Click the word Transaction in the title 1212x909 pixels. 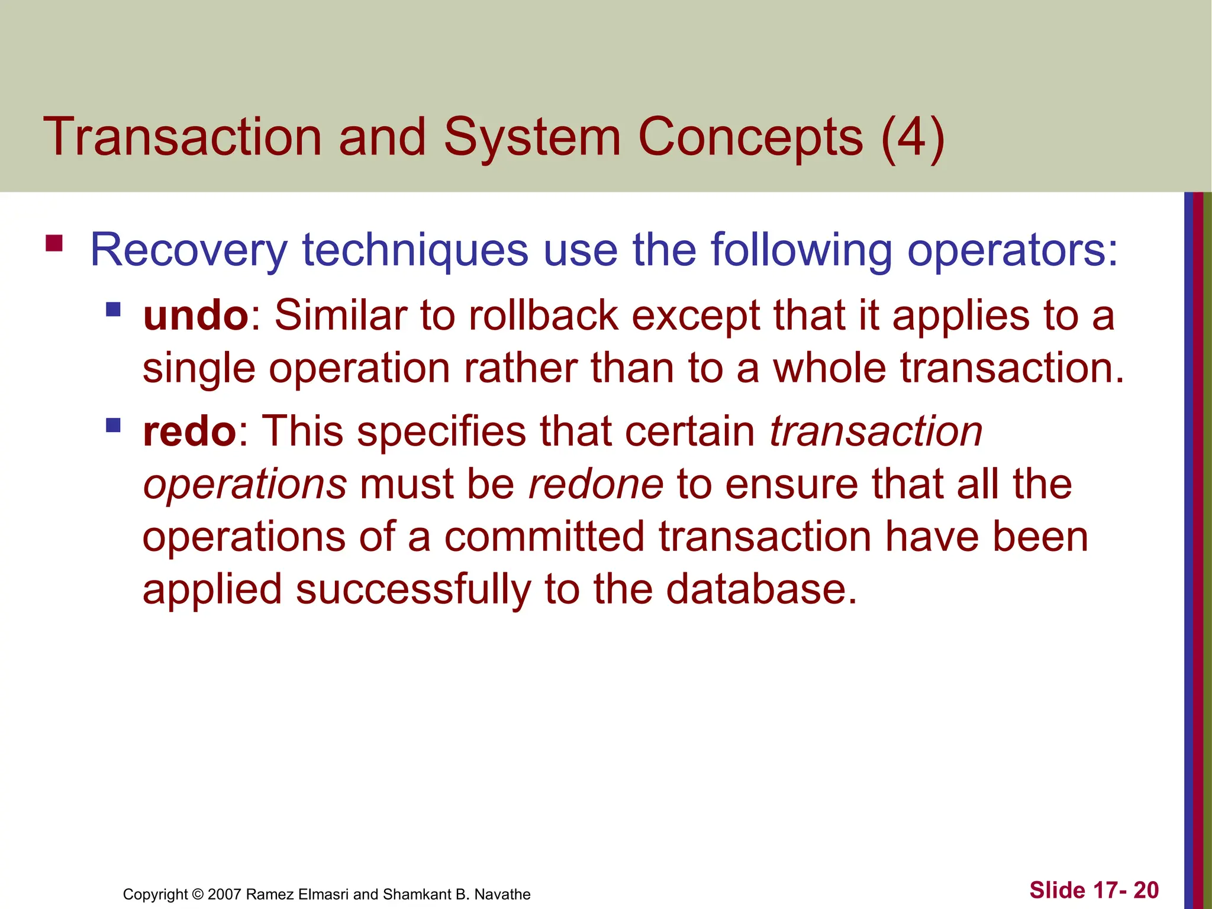click(x=182, y=137)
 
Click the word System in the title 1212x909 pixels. click(x=532, y=138)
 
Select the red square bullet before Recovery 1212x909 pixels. click(x=54, y=243)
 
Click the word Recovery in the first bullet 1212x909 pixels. click(x=188, y=250)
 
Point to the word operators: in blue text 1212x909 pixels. click(x=1013, y=250)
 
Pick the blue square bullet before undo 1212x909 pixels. click(x=113, y=309)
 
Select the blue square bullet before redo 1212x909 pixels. click(x=113, y=425)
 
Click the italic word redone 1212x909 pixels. click(x=596, y=484)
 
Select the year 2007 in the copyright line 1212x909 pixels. click(x=224, y=894)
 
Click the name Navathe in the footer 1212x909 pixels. click(x=502, y=894)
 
